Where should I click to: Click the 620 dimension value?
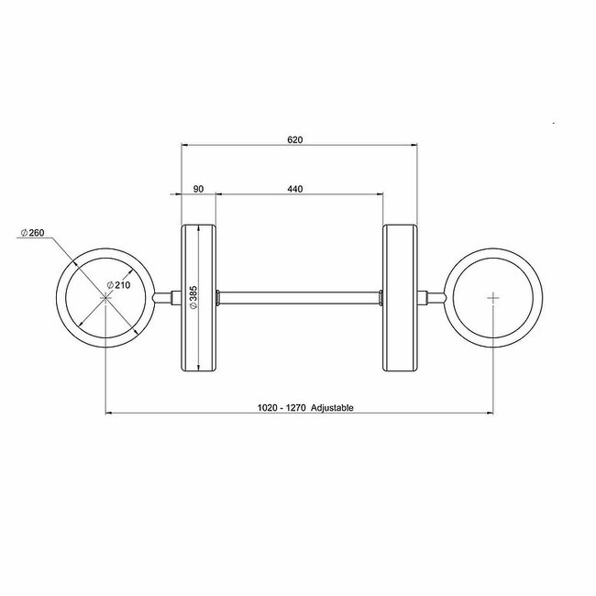click(294, 139)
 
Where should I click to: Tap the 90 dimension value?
click(197, 189)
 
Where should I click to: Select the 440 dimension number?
click(294, 189)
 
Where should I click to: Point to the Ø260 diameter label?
click(33, 233)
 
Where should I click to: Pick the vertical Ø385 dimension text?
click(193, 296)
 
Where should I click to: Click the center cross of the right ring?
click(494, 297)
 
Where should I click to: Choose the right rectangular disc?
click(399, 297)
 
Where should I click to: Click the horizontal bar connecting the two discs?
click(299, 297)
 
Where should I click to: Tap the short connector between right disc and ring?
click(431, 297)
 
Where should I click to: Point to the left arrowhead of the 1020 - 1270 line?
click(111, 414)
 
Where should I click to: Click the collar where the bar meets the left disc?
click(218, 297)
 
